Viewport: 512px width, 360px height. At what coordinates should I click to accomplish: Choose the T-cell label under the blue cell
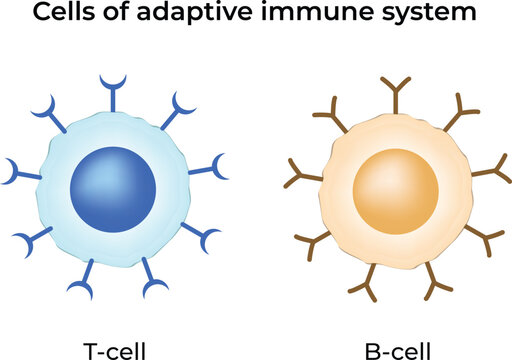[x=113, y=349]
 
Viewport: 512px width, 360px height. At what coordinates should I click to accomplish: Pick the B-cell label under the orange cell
[x=397, y=349]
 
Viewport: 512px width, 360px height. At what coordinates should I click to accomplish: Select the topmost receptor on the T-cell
[x=109, y=86]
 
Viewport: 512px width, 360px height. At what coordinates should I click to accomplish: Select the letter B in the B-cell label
[x=372, y=349]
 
